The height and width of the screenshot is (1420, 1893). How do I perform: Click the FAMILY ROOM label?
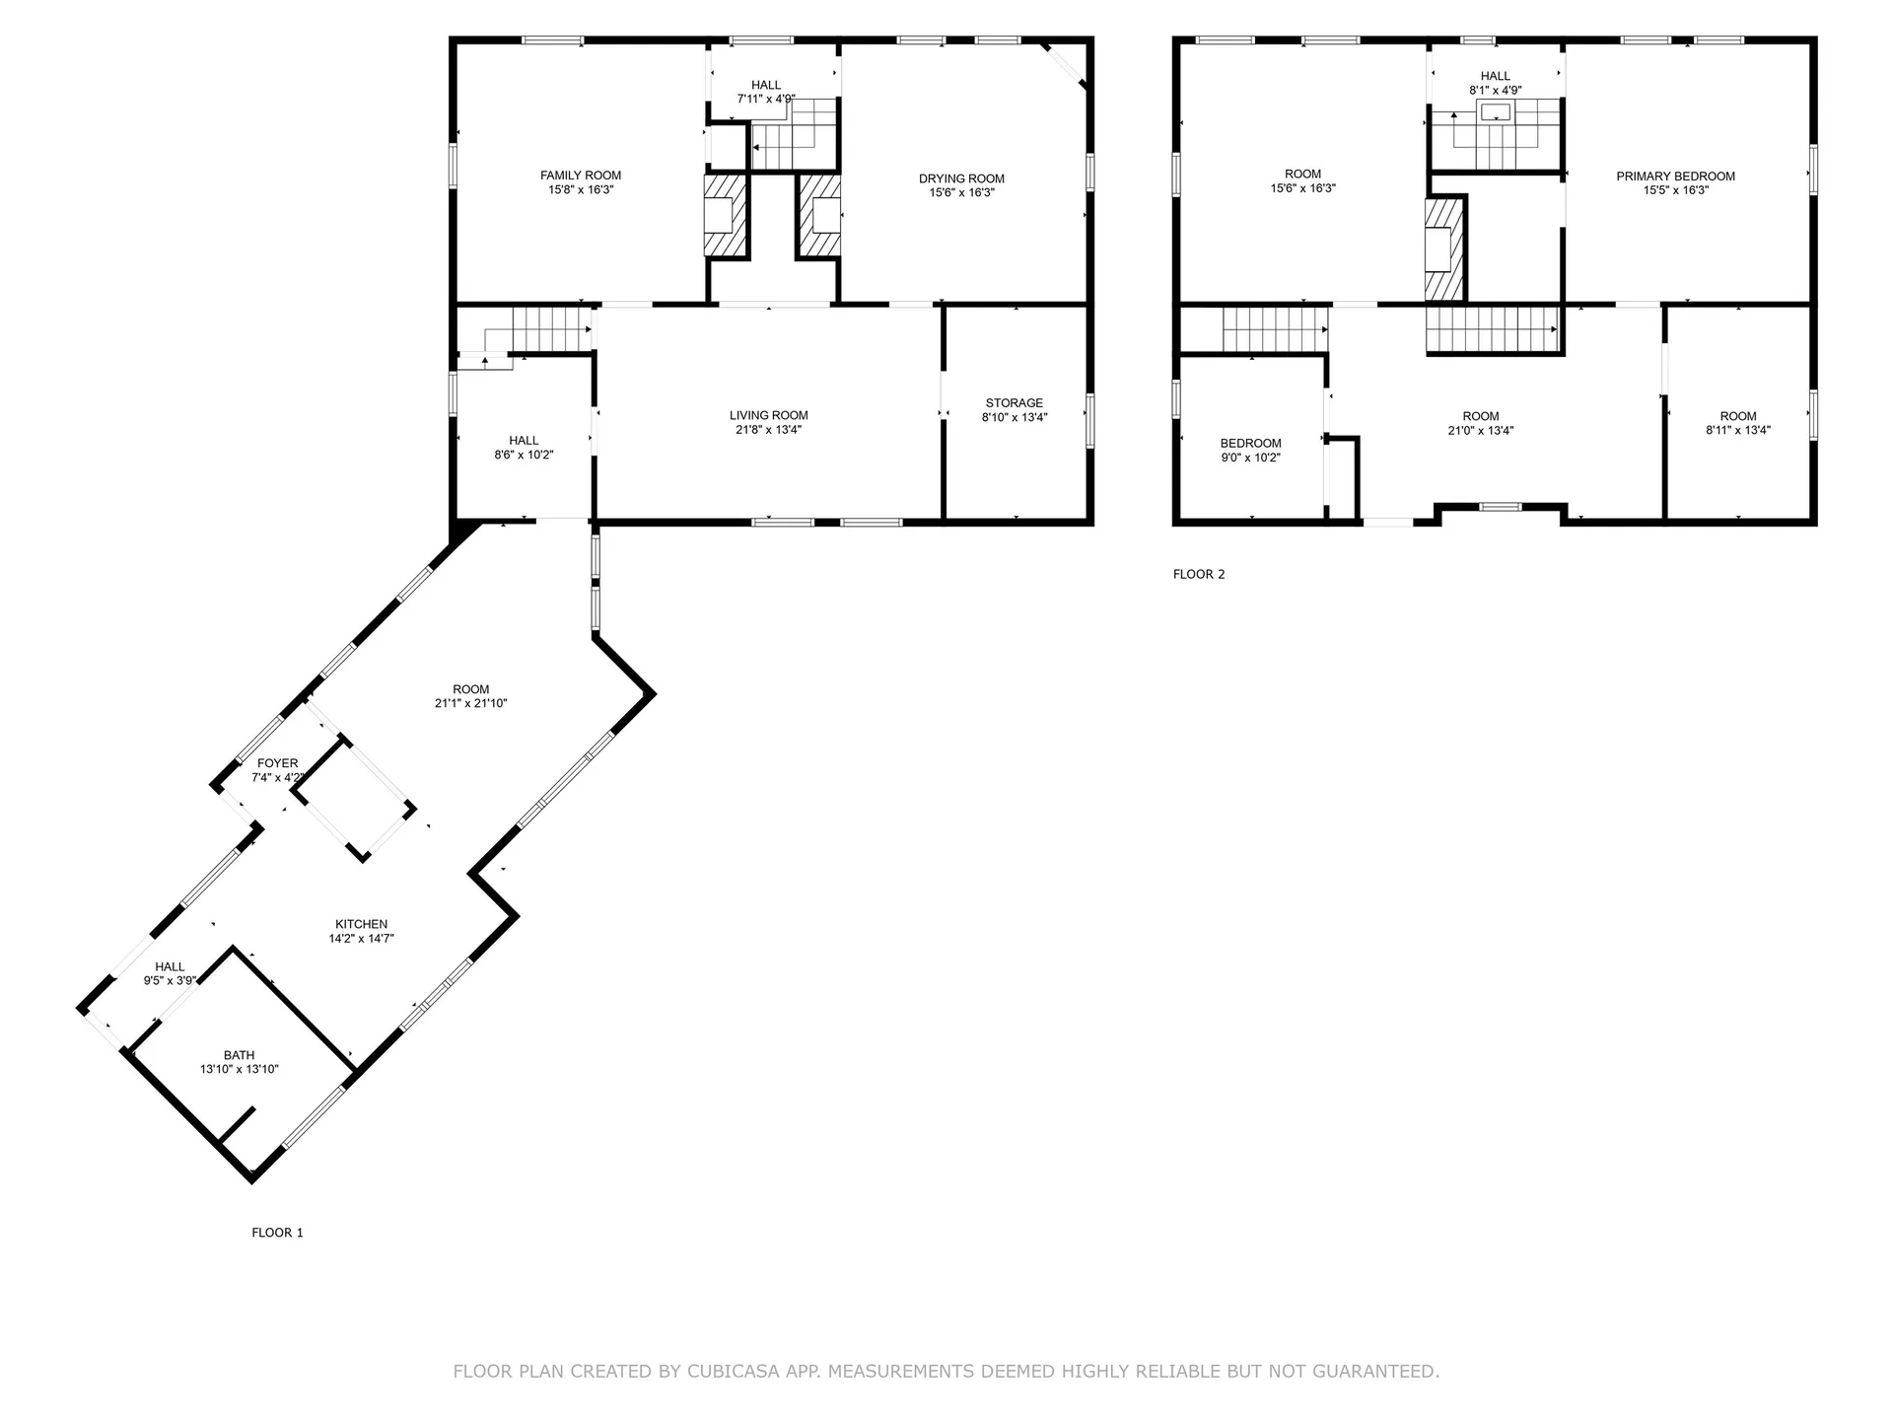581,176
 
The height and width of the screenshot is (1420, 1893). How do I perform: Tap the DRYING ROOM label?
961,178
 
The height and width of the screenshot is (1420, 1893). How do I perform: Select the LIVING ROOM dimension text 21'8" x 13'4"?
768,430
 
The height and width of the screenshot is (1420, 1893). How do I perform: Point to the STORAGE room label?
1014,403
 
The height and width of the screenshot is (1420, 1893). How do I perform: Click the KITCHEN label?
361,925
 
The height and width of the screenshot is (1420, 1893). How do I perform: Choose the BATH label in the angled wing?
239,1055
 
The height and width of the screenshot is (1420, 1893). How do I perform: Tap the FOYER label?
277,763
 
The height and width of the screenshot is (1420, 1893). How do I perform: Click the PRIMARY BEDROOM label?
1675,177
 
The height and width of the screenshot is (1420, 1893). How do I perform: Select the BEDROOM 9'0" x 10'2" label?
1250,444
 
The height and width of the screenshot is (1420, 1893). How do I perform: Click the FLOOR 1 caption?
277,1233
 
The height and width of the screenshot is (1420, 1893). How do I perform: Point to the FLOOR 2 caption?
1199,574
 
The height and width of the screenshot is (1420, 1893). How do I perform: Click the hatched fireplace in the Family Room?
726,217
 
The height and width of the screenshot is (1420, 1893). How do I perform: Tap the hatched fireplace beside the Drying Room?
819,217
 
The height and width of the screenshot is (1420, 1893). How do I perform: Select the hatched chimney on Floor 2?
1444,249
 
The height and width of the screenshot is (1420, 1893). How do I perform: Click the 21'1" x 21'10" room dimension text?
470,704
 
